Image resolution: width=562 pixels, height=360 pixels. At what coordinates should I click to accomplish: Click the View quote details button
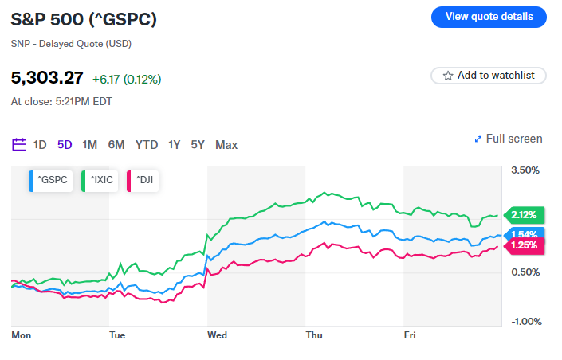(x=489, y=17)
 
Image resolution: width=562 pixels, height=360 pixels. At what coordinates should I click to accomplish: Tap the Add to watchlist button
(x=489, y=76)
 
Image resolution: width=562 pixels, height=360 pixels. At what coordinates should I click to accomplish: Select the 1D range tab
(x=40, y=145)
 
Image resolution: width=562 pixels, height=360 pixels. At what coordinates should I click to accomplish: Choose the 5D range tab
(x=65, y=145)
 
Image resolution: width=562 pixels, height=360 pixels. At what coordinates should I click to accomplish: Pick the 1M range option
(x=90, y=145)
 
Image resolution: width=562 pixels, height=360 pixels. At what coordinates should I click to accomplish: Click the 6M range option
(x=116, y=145)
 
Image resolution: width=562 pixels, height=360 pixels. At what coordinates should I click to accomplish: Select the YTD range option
(x=147, y=145)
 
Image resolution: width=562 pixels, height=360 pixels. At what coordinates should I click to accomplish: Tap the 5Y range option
(x=198, y=145)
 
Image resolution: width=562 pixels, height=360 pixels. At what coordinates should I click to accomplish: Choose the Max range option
(x=226, y=145)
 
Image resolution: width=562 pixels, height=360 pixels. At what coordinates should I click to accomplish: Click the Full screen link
(x=509, y=139)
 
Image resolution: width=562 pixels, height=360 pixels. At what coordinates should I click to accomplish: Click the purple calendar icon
(x=20, y=145)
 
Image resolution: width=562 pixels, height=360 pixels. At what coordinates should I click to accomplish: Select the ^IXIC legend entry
(x=100, y=182)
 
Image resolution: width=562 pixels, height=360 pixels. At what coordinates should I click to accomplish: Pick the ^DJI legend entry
(x=143, y=182)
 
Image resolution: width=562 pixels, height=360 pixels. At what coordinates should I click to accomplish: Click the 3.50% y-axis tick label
(x=525, y=170)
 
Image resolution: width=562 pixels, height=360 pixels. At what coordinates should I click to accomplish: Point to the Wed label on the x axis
(x=217, y=335)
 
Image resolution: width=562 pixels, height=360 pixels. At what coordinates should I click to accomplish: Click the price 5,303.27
(x=47, y=78)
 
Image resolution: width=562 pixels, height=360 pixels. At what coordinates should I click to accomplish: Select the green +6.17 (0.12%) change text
(x=127, y=79)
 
